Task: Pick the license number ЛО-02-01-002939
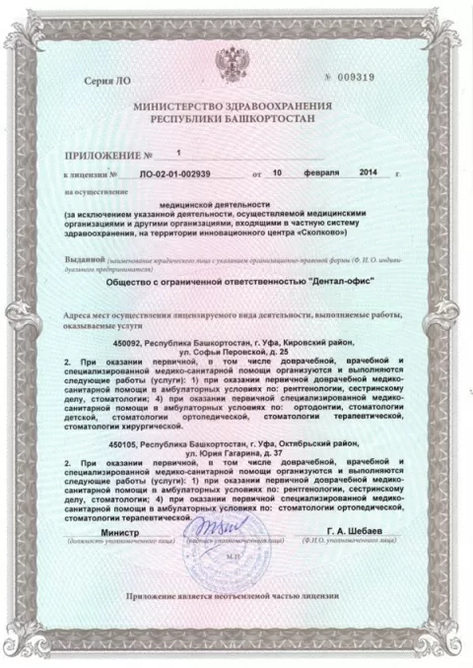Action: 175,172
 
